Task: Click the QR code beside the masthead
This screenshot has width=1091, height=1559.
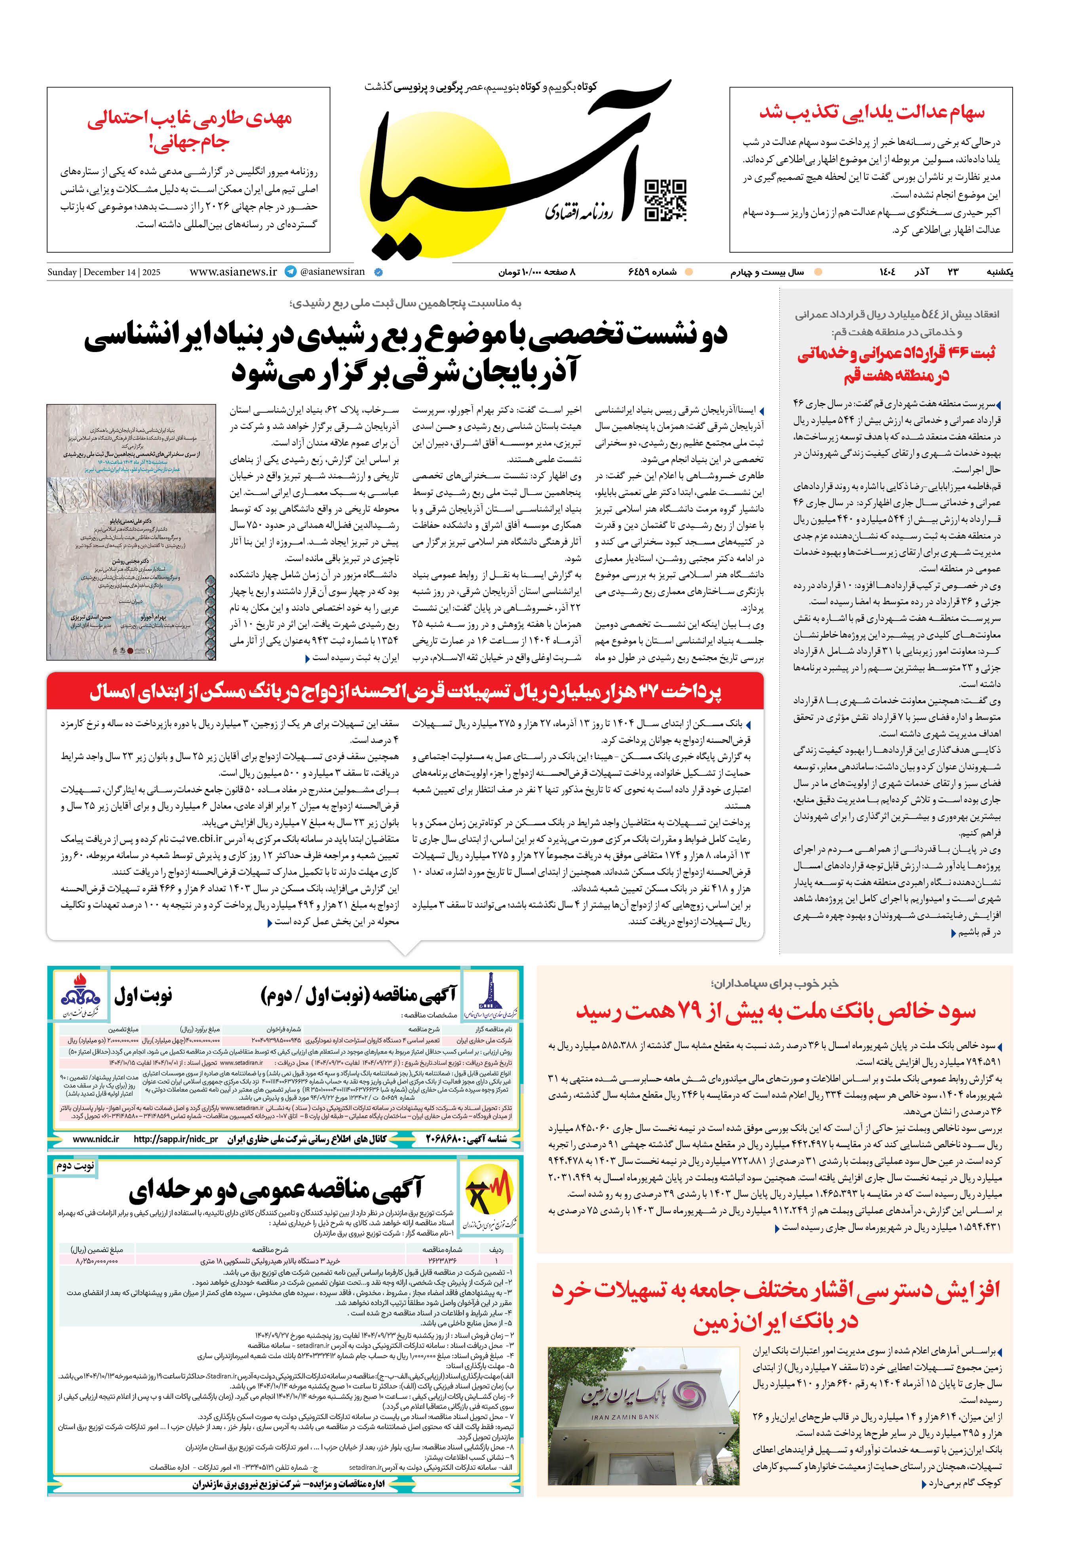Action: tap(665, 200)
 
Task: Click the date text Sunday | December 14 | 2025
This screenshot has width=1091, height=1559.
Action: tap(104, 272)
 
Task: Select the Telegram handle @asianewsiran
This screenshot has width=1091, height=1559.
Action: tap(332, 272)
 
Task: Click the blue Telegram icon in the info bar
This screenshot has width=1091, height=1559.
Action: tap(291, 272)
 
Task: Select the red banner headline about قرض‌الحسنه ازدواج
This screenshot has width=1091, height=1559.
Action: tap(405, 692)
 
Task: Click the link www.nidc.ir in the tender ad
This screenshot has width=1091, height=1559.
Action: tap(96, 1139)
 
